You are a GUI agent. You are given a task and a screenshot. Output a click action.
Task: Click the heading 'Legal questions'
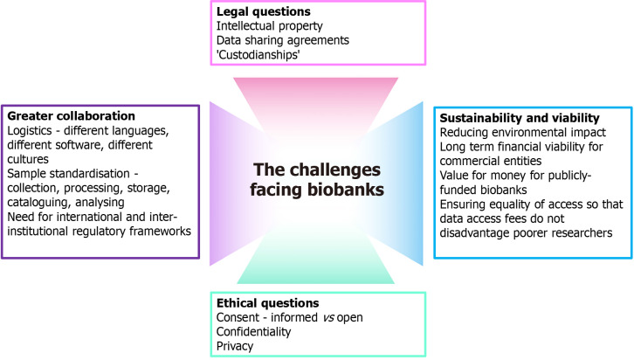tap(265, 12)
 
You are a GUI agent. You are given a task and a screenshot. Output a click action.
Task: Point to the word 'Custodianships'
tap(267, 54)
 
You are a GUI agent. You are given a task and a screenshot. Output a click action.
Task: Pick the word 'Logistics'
tap(32, 130)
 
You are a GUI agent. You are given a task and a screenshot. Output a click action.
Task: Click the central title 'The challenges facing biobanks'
tap(316, 180)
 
